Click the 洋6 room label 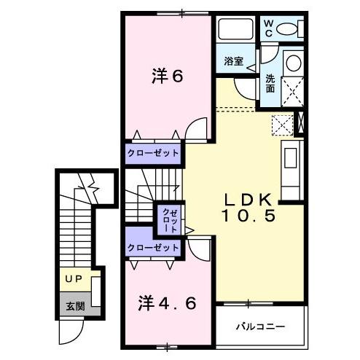coord(166,76)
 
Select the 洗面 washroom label coord(270,84)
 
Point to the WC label coord(267,29)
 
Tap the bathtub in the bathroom coord(235,31)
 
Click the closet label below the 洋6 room coord(153,153)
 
